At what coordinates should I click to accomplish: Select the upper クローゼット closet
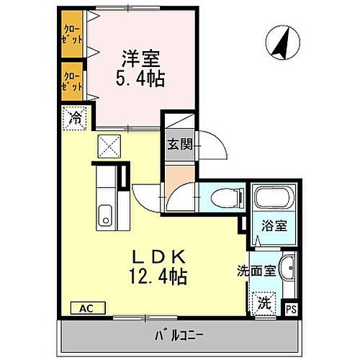pos(71,35)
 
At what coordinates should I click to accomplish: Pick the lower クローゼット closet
pos(71,79)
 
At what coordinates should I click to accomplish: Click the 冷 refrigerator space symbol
pos(74,117)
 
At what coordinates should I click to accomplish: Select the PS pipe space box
pos(291,309)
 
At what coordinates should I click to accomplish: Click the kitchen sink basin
pos(106,214)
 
